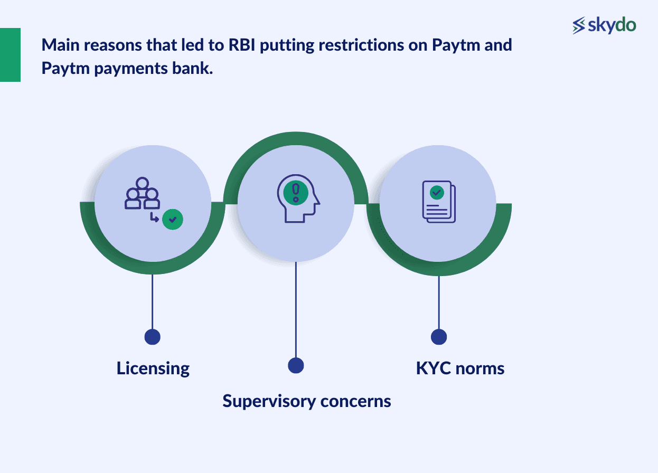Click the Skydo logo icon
[x=579, y=25]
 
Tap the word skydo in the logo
[x=612, y=25]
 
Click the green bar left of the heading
[x=10, y=55]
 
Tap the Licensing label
[x=153, y=368]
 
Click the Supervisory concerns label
[x=307, y=401]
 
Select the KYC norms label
[x=460, y=368]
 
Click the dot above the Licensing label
[x=152, y=337]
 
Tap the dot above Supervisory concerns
[x=296, y=365]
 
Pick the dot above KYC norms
[x=439, y=337]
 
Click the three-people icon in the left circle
[x=142, y=194]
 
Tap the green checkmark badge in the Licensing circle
[x=172, y=219]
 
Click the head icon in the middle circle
[x=298, y=198]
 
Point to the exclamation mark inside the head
[x=295, y=192]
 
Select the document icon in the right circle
[x=438, y=202]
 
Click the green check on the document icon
[x=436, y=193]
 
